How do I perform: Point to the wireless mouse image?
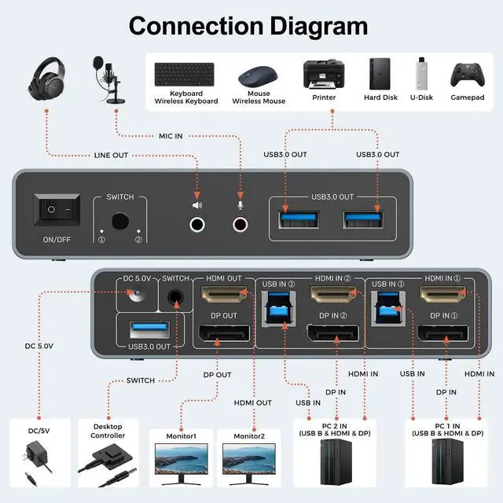(x=260, y=76)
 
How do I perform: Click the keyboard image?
(x=185, y=75)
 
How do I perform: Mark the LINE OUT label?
(x=111, y=156)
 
